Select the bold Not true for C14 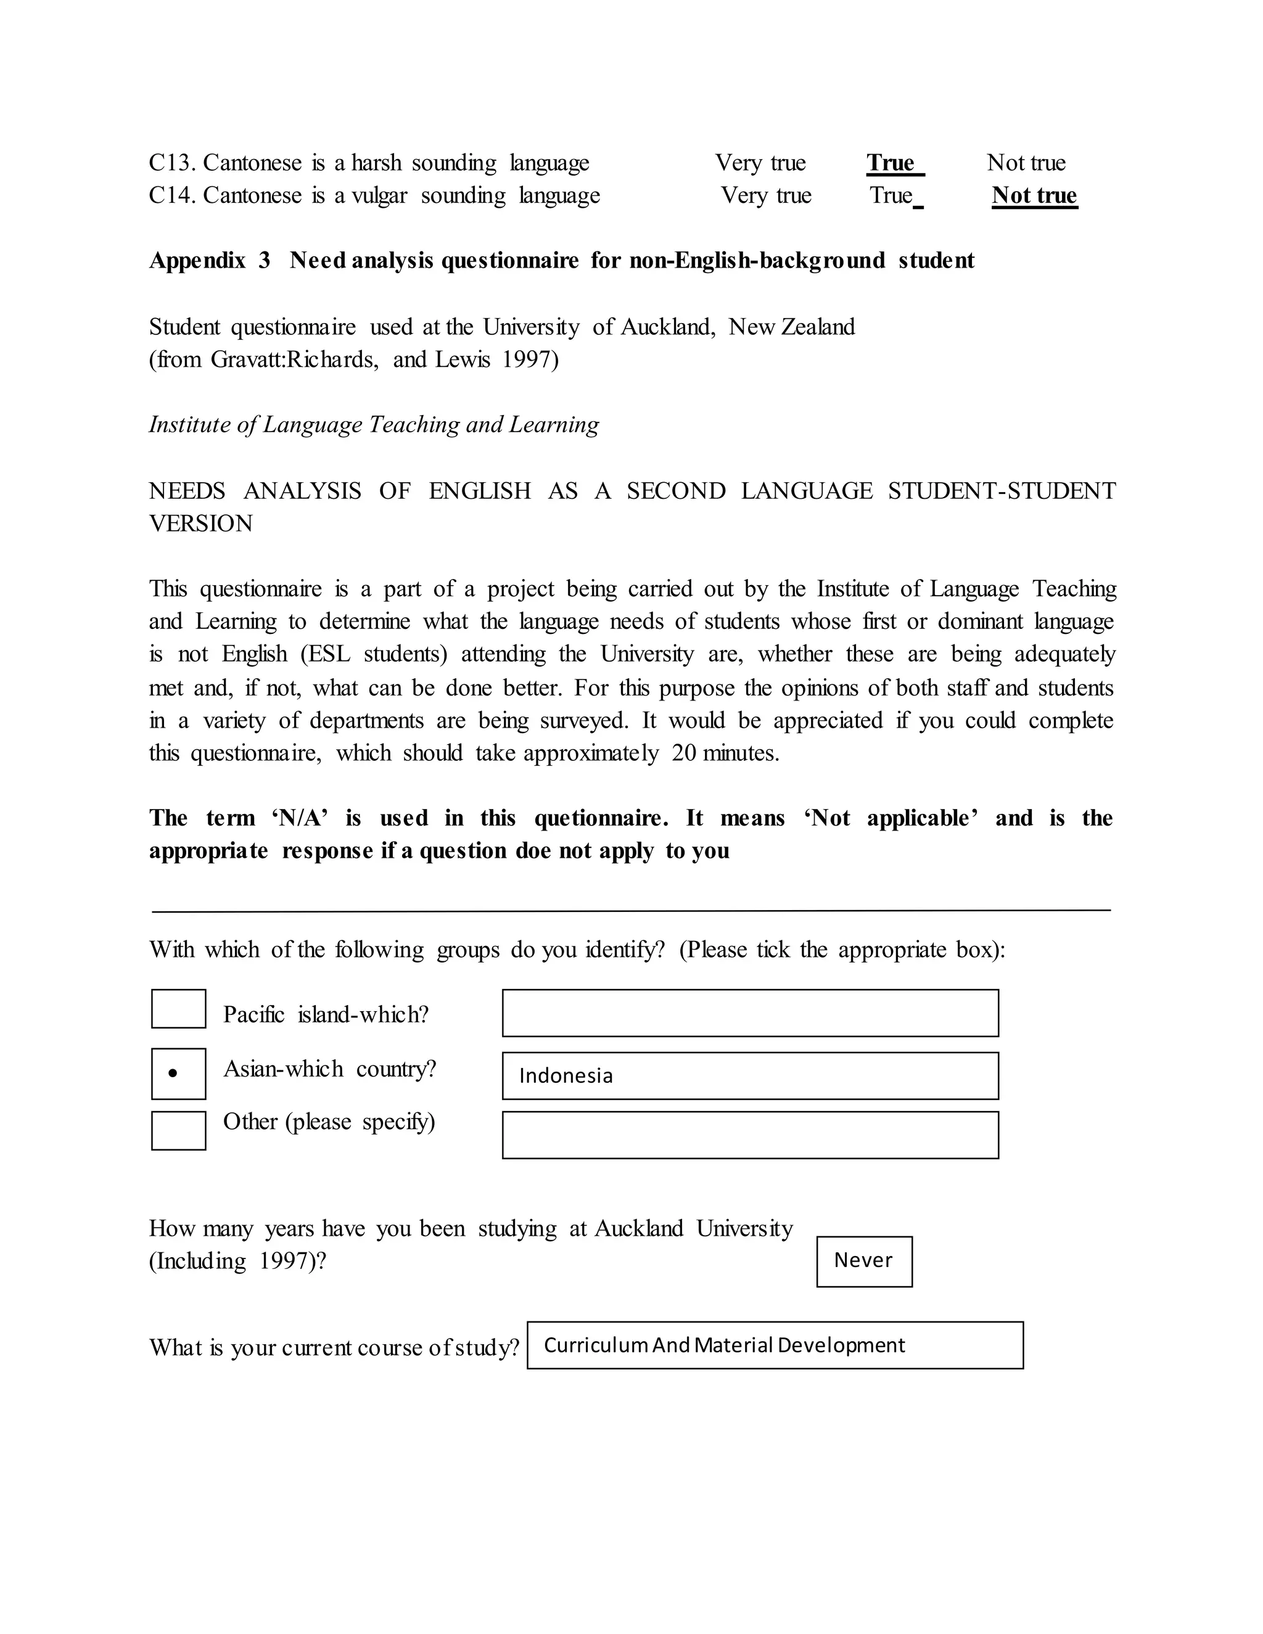click(1034, 195)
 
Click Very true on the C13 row click(760, 163)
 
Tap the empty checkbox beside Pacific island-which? click(178, 1009)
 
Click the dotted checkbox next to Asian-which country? click(178, 1073)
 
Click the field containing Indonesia click(750, 1075)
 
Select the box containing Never click(863, 1261)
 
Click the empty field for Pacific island click(750, 1012)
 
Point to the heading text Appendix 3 click(209, 260)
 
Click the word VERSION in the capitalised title click(200, 523)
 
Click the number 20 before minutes click(684, 753)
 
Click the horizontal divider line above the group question click(631, 911)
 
